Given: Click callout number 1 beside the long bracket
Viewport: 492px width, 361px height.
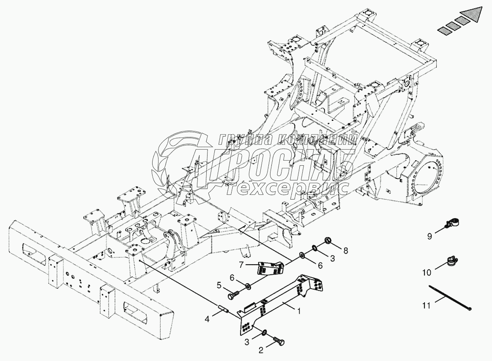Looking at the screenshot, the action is coord(299,312).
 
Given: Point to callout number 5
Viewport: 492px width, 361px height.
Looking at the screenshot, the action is coord(219,285).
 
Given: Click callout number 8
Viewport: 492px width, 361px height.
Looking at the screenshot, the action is coord(345,250).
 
